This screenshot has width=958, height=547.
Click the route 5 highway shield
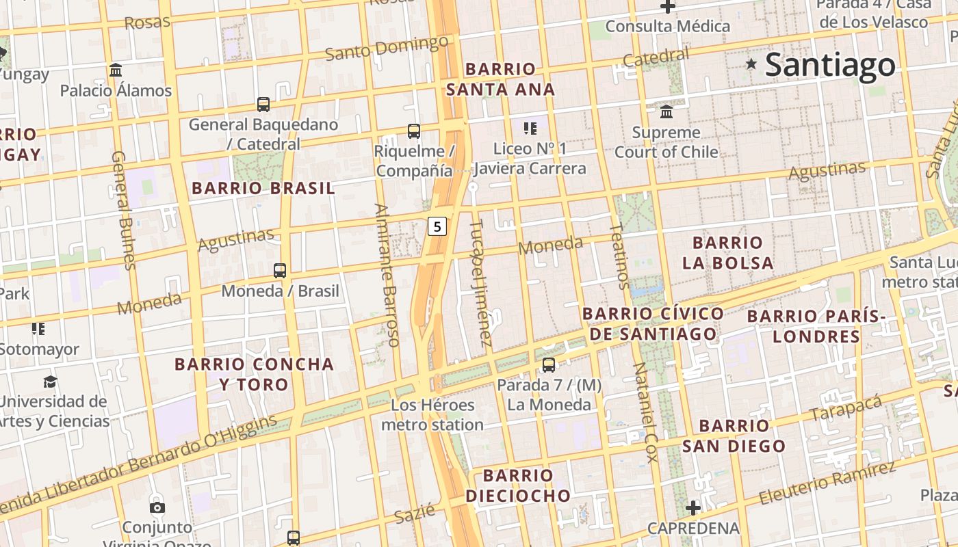[438, 226]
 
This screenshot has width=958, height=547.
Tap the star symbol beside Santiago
[751, 64]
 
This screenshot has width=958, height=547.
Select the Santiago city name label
[830, 66]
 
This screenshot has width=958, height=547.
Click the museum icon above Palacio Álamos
[116, 70]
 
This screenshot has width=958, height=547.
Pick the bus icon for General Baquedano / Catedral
[263, 105]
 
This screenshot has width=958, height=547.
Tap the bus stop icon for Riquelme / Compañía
[414, 131]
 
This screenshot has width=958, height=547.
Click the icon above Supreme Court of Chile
[666, 111]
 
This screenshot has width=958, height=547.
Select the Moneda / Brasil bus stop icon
[280, 271]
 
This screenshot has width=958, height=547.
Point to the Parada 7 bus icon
[549, 365]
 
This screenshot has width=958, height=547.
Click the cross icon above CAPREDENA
[693, 508]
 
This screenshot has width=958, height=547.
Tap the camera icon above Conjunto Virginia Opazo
[157, 507]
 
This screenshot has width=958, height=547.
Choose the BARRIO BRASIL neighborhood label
[263, 188]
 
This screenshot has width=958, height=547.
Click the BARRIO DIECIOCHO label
[518, 485]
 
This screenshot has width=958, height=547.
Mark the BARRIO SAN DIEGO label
[734, 436]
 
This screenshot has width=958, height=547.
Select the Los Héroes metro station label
[432, 415]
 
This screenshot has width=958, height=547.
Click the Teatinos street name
[619, 256]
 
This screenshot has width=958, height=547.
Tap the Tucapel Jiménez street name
[481, 282]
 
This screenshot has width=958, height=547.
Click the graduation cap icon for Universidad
[50, 382]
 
